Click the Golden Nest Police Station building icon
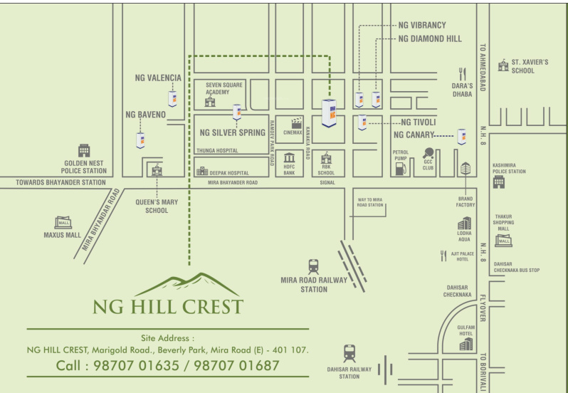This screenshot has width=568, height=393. coord(84,150)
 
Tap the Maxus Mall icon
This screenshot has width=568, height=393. coord(63,221)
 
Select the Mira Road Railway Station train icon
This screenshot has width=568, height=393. coord(313,267)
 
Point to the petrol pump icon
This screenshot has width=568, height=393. coord(401,168)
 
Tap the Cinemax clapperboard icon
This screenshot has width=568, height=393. coord(293,122)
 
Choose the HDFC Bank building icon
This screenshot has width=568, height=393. coord(289,158)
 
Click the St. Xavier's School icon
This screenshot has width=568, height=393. coord(504,65)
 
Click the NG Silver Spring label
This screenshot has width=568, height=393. coord(232,132)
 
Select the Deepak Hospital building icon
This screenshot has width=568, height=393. coord(202,172)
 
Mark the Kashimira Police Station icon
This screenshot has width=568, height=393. coord(498,182)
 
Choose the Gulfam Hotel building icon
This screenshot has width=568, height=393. coord(466,344)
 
